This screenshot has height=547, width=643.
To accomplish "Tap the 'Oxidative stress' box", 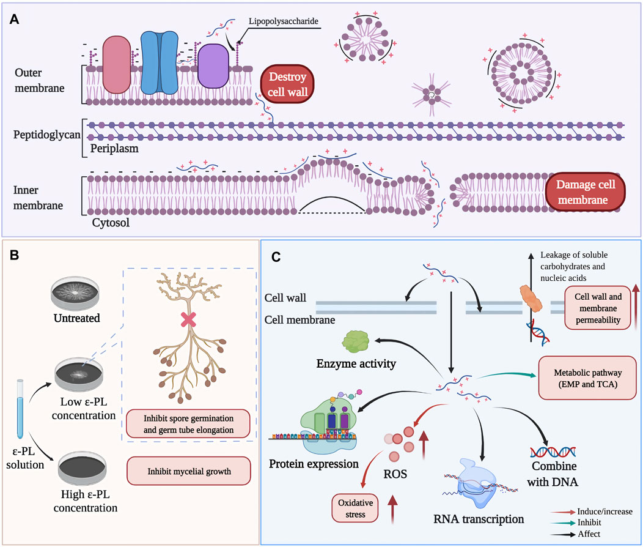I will tap(353, 508).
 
